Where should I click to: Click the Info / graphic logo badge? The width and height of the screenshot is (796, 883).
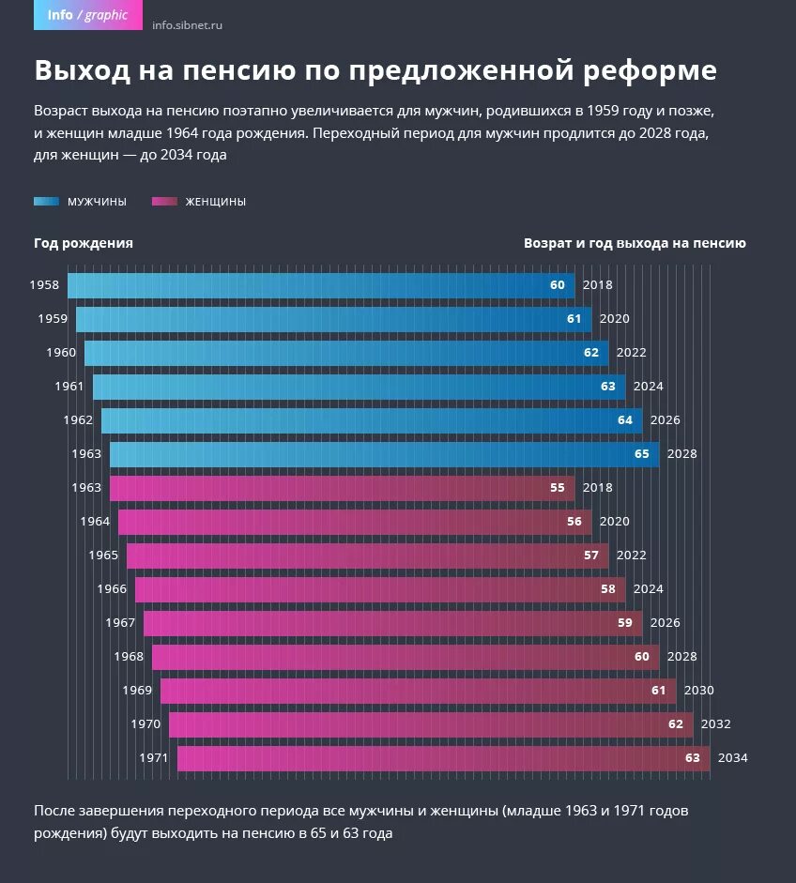pyautogui.click(x=87, y=15)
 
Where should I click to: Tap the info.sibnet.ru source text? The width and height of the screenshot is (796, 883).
pyautogui.click(x=187, y=25)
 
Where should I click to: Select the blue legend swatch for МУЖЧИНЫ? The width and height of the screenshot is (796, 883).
pyautogui.click(x=47, y=202)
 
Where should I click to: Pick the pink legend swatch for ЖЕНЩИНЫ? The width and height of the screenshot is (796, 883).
pyautogui.click(x=165, y=202)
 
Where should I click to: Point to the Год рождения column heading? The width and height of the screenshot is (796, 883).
pyautogui.click(x=84, y=243)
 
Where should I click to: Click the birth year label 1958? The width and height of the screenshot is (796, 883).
pyautogui.click(x=44, y=285)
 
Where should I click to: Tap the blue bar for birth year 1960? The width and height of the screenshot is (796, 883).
pyautogui.click(x=329, y=353)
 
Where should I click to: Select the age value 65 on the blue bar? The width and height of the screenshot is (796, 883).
pyautogui.click(x=642, y=454)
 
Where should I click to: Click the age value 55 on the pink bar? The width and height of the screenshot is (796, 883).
pyautogui.click(x=558, y=488)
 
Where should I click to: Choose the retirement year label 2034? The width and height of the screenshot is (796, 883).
pyautogui.click(x=732, y=758)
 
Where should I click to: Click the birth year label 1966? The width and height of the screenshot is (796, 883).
pyautogui.click(x=112, y=589)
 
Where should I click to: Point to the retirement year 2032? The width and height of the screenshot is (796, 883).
pyautogui.click(x=715, y=724)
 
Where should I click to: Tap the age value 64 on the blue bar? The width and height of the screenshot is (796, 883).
pyautogui.click(x=625, y=420)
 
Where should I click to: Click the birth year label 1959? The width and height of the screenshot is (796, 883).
pyautogui.click(x=53, y=319)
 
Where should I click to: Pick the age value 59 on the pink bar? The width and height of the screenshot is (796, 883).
pyautogui.click(x=625, y=623)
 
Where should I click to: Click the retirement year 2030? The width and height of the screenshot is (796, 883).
pyautogui.click(x=698, y=691)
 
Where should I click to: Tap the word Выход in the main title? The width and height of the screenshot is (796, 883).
pyautogui.click(x=84, y=71)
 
